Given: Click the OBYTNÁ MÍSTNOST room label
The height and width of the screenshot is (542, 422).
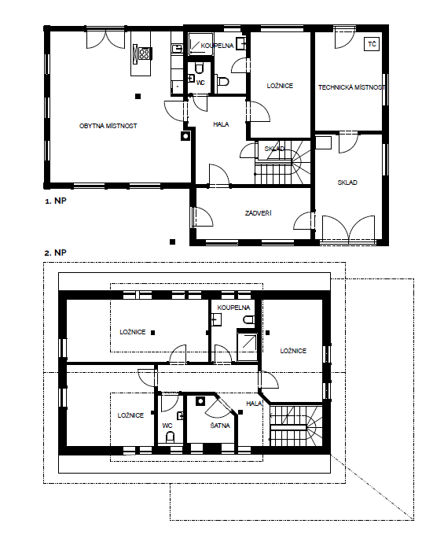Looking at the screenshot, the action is point(108,126).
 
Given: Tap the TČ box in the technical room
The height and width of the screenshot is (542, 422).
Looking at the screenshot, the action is point(372,44).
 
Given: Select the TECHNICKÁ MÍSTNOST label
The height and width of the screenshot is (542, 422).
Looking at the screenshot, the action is point(351,87).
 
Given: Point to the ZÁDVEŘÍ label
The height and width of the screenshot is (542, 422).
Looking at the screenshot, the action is point(259,213).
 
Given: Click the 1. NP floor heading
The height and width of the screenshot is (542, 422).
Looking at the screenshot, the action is point(56,201).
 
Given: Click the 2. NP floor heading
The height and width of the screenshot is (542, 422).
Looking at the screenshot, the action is point(55,253).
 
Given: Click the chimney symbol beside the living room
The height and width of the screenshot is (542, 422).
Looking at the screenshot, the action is point(185,136).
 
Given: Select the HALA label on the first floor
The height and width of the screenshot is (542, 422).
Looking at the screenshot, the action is point(221,124).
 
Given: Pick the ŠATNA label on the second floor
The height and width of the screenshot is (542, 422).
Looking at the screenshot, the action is point(220,426).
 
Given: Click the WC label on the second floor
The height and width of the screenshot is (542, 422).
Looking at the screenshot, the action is point(167,426).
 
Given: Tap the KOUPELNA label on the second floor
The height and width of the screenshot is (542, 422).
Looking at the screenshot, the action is point(234,308).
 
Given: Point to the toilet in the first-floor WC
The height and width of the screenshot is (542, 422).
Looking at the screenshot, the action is point(199,68).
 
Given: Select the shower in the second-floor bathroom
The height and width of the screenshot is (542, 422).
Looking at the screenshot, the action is point(248,345).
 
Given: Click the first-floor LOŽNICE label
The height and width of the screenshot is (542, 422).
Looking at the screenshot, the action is point(280,86).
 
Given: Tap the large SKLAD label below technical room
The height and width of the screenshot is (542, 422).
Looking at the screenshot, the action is point(347,183).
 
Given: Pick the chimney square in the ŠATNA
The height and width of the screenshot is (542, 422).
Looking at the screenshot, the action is point(200,401).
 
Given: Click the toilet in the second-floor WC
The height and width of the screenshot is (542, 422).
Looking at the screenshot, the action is point(170,437).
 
